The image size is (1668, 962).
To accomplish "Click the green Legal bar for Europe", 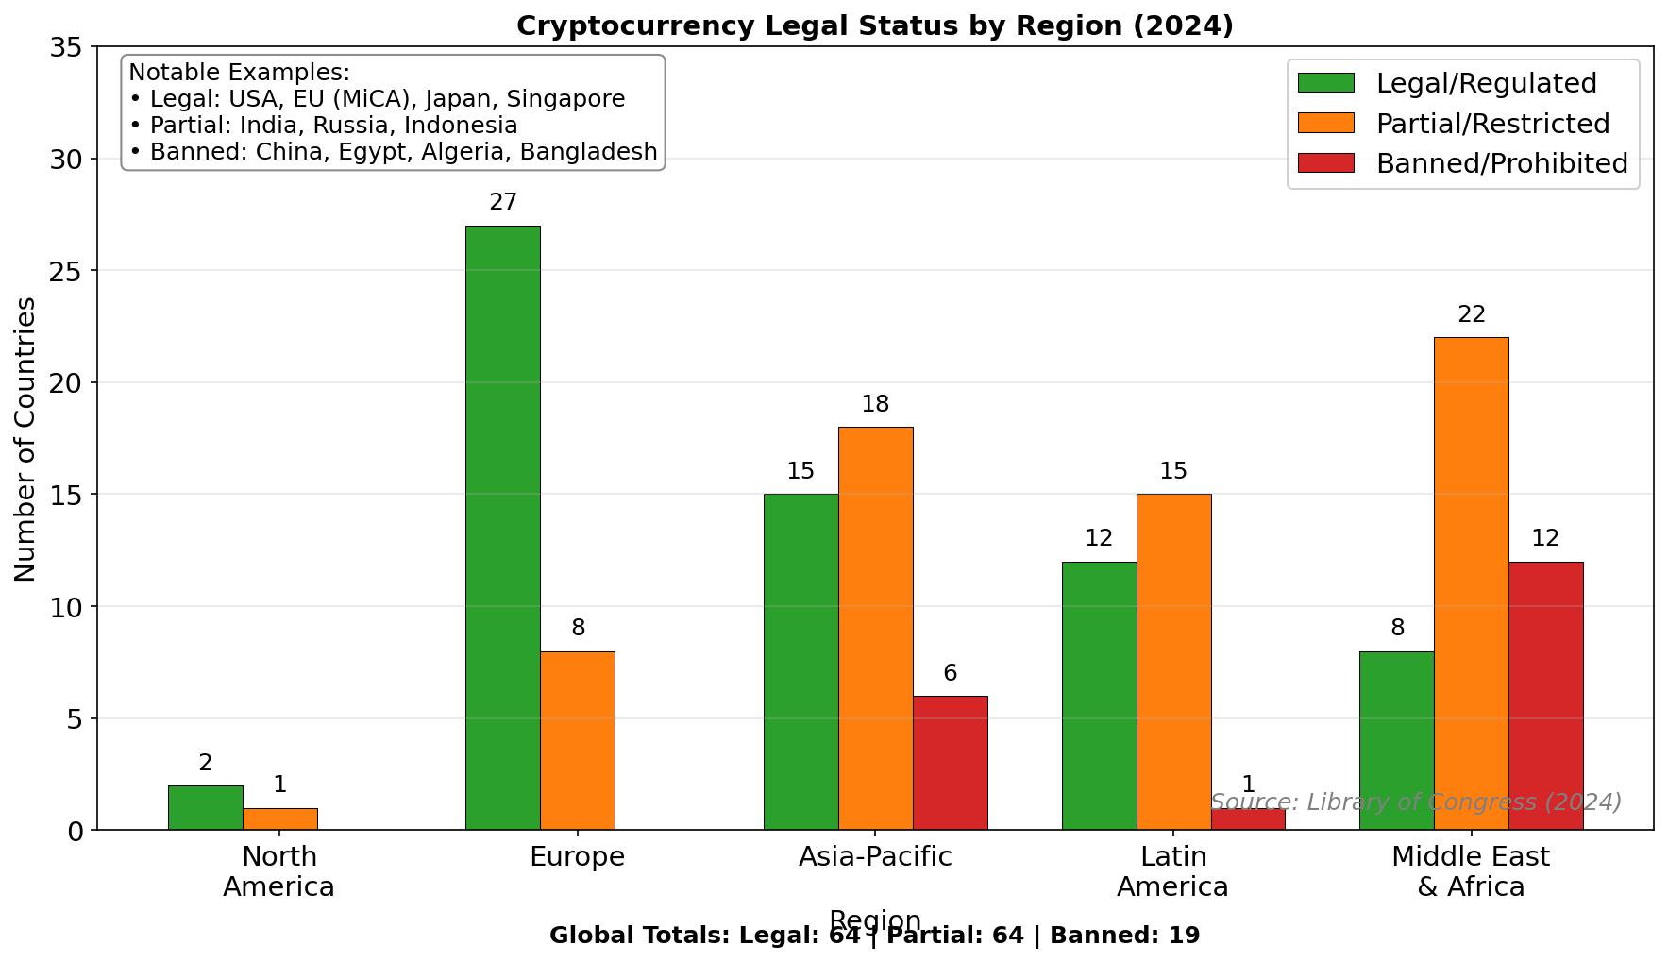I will coord(503,528).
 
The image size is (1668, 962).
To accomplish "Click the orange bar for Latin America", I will coord(1173,662).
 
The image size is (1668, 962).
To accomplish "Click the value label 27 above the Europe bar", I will coord(503,202).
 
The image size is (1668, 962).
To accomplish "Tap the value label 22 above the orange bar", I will coord(1472,314).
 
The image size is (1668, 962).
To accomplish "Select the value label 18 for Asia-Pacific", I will coord(875,404).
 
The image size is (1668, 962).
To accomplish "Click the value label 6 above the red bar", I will coord(950,673).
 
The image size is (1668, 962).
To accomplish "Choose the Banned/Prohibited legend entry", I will coord(1501,163).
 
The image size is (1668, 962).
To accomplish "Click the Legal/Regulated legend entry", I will coord(1486,83).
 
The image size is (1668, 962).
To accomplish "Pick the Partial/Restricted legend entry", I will coord(1491,124).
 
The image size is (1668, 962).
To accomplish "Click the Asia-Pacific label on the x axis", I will coord(875,856).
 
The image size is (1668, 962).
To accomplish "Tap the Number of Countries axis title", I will coord(25,439).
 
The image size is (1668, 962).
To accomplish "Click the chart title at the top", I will coord(874,25).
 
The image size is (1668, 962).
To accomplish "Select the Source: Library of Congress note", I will coord(1415,802).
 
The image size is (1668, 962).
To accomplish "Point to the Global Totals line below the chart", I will coord(874,936).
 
